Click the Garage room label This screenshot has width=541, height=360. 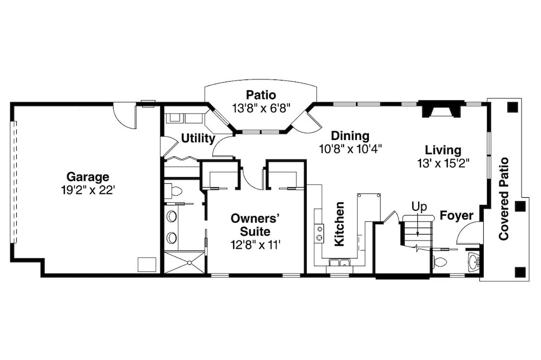point(88,177)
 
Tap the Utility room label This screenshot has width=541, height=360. point(198,138)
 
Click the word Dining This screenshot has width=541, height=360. point(350,136)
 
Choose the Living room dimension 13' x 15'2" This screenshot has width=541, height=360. point(443,163)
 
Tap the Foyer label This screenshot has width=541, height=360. point(456,216)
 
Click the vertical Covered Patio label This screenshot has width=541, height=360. point(504,198)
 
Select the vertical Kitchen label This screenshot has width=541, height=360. point(339,224)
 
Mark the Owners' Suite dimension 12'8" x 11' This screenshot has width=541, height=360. point(255,244)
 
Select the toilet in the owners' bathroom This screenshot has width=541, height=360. point(175,190)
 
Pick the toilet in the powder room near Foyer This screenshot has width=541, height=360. point(440,262)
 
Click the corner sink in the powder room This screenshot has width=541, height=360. point(474,262)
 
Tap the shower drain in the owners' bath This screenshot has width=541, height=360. point(189,263)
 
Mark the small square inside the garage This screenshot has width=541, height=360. point(147,264)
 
